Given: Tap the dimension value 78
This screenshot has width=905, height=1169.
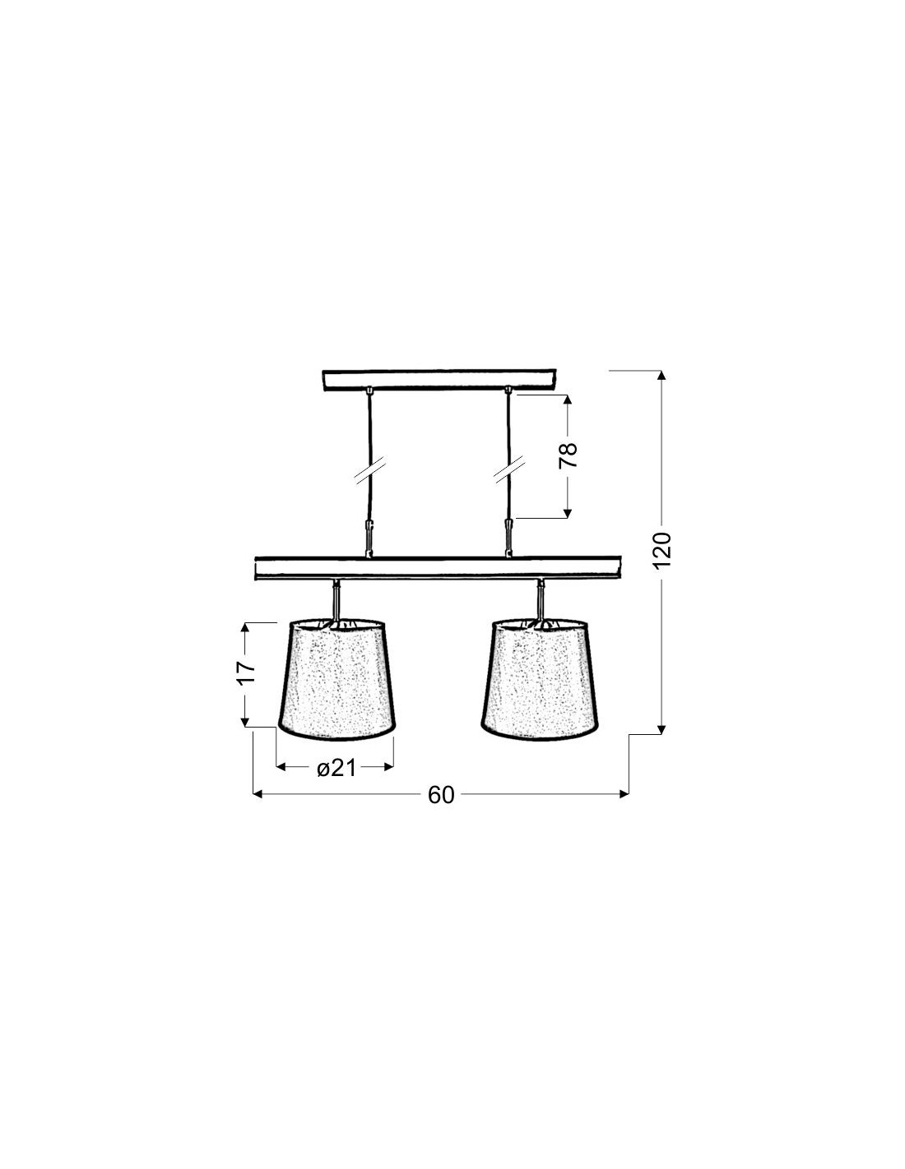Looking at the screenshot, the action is coord(568,455).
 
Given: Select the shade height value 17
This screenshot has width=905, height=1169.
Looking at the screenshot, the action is coord(245,672).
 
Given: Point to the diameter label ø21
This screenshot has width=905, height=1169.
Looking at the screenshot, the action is coord(336,768).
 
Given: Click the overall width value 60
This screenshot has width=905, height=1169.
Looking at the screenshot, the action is coord(441,810).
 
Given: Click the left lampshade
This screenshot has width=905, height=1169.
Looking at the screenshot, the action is coord(337,680).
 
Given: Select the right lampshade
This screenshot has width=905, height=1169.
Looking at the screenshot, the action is coord(540,680).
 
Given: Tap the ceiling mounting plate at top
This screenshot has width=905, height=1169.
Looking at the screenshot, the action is coord(439,379).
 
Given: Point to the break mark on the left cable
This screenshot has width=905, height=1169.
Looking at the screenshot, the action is coord(369,471).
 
